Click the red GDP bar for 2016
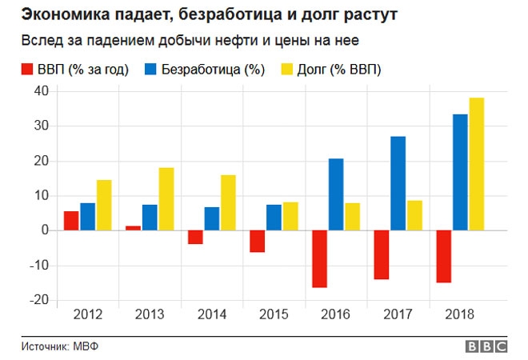[x=320, y=258]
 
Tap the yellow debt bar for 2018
[x=477, y=164]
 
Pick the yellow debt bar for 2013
[x=166, y=199]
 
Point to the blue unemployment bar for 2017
[x=398, y=183]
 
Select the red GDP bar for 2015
[x=258, y=241]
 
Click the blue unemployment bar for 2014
[x=212, y=218]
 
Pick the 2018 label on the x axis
[x=461, y=315]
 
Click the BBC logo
[x=486, y=346]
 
